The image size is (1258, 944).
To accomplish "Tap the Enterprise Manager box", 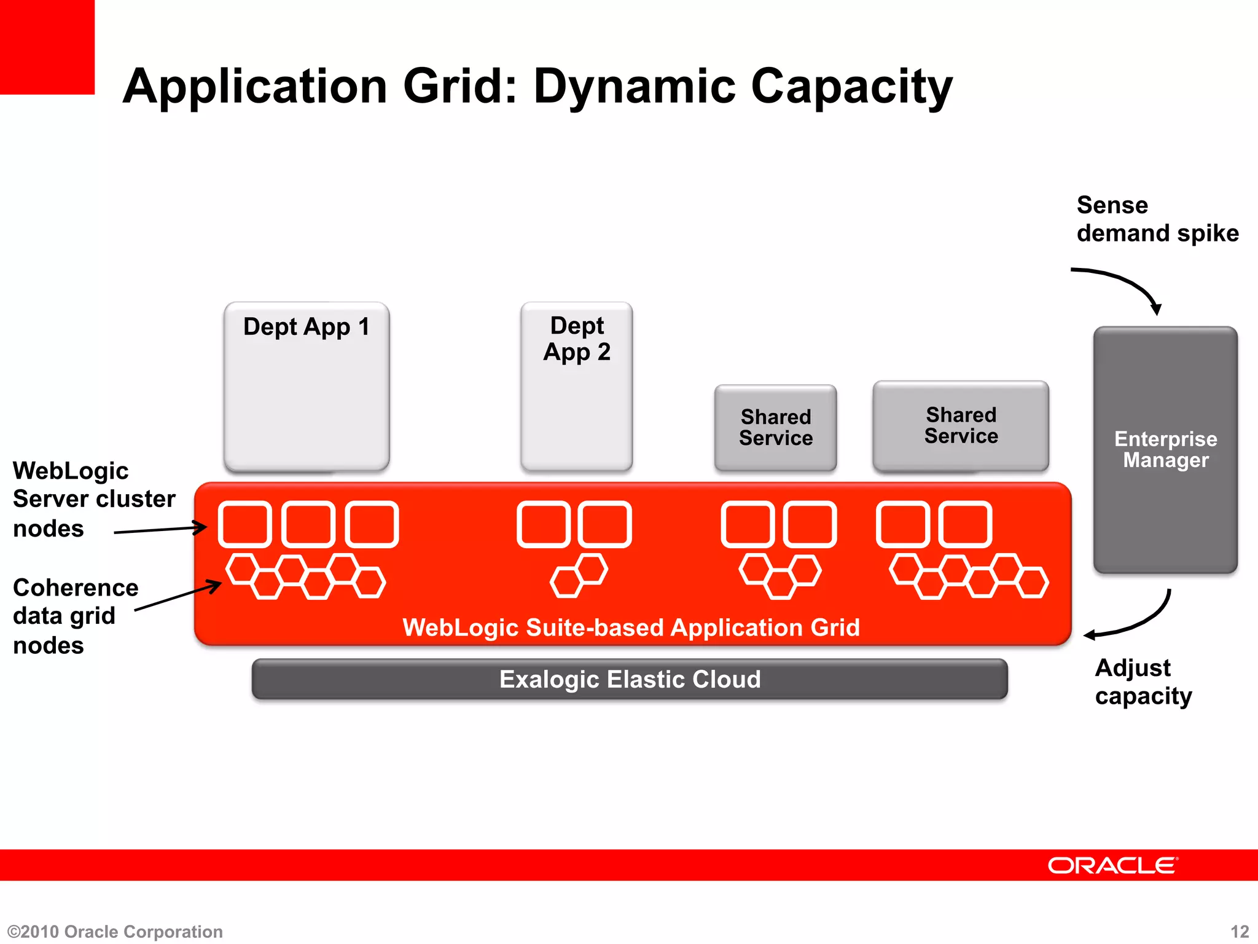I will (x=1165, y=449).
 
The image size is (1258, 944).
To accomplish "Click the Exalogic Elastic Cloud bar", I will (x=630, y=679).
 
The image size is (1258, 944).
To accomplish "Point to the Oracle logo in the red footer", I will (x=1112, y=865).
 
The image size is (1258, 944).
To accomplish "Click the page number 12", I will (x=1240, y=932).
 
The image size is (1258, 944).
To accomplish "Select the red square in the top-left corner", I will (x=47, y=47).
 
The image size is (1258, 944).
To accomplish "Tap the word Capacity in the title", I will (x=851, y=87).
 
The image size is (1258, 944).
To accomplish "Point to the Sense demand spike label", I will (x=1157, y=219).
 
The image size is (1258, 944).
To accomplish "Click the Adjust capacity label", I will (x=1143, y=682).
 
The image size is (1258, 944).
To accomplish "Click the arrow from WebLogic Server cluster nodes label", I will (x=160, y=529).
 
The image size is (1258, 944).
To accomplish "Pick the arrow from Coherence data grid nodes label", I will (x=178, y=596).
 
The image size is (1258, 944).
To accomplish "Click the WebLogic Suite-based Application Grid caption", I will (x=631, y=627).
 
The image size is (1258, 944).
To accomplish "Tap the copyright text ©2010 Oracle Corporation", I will (x=115, y=932).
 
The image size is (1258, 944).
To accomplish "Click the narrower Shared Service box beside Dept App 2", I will (x=775, y=428).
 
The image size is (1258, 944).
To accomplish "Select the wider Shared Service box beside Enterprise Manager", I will (x=961, y=425).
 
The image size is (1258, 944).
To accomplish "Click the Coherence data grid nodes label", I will (x=76, y=616).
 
